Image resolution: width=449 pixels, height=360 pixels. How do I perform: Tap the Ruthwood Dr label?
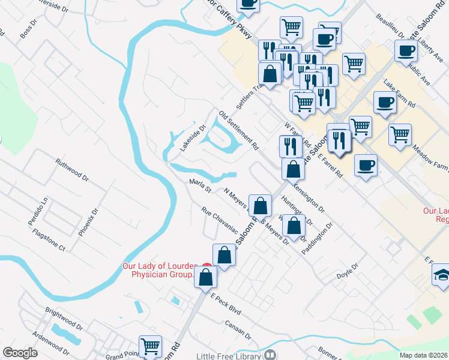pyautogui.click(x=71, y=170)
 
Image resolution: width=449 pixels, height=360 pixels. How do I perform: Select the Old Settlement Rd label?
pyautogui.click(x=238, y=130)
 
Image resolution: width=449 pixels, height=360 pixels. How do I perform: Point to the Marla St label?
pyautogui.click(x=200, y=186)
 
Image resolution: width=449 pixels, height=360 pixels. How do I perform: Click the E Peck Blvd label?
pyautogui.click(x=225, y=305)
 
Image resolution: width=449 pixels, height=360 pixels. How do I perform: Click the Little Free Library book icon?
pyautogui.click(x=270, y=355)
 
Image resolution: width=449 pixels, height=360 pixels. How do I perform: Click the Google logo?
pyautogui.click(x=20, y=353)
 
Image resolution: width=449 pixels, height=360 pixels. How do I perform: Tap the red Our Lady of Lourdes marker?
pyautogui.click(x=206, y=266)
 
